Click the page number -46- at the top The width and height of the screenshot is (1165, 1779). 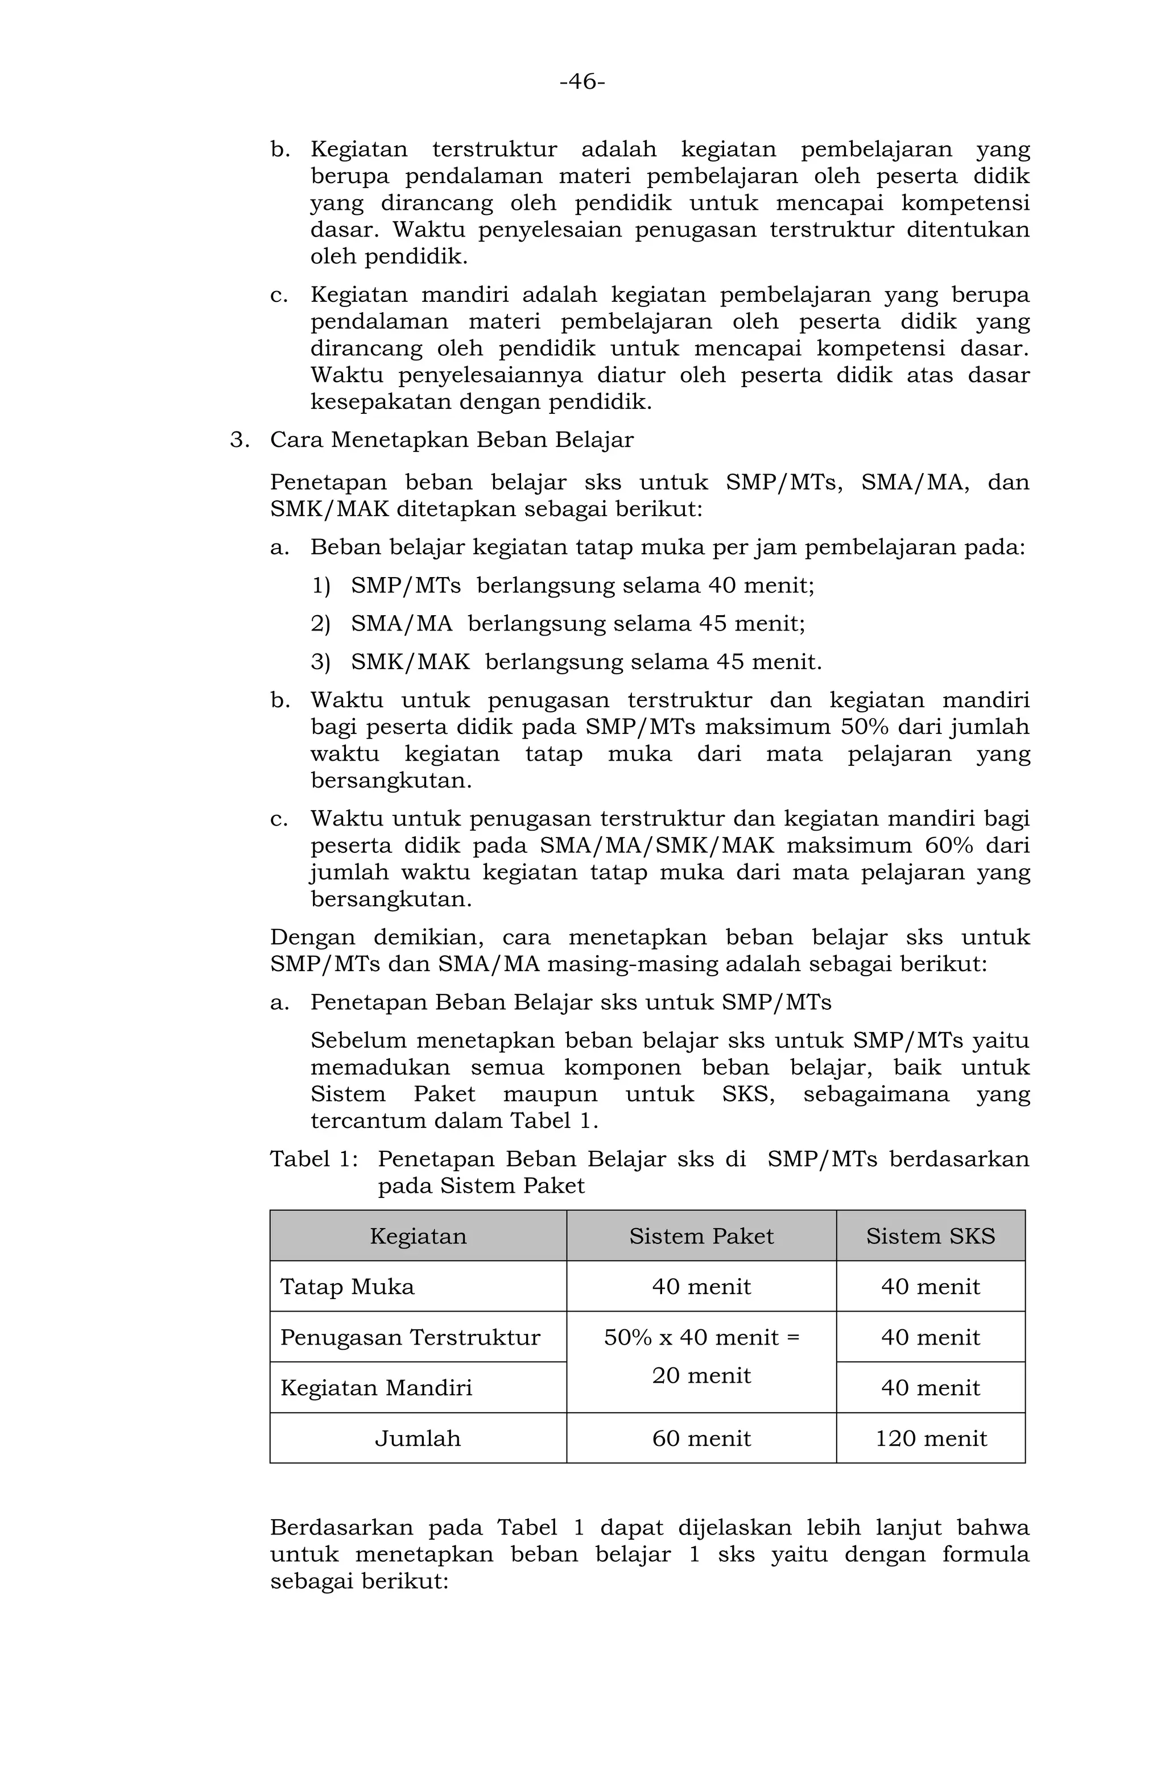(x=582, y=81)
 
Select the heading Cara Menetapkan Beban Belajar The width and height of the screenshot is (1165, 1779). (x=452, y=439)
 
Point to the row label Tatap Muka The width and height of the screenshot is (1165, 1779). (x=347, y=1287)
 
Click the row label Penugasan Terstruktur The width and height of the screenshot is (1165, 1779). (x=410, y=1337)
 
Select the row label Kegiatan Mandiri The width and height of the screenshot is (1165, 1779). (x=376, y=1388)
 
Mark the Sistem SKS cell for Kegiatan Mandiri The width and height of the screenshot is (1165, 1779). (x=930, y=1388)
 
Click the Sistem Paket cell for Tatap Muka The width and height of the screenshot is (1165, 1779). (x=701, y=1287)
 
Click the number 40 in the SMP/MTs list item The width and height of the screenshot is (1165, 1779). (x=721, y=585)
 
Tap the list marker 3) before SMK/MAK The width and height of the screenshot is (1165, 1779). (x=321, y=662)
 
